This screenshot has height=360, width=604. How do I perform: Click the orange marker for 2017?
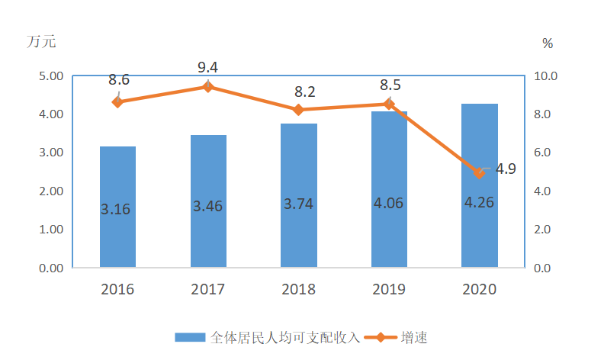tap(208, 87)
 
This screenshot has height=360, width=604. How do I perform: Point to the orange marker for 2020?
tap(479, 173)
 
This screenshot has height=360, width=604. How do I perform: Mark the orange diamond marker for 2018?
tap(298, 110)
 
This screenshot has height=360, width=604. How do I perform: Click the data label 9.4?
tap(207, 68)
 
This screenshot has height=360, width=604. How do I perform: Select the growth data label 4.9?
tap(506, 169)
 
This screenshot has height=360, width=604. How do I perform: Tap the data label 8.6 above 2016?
tap(119, 80)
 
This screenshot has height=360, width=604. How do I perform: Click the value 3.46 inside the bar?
tap(207, 206)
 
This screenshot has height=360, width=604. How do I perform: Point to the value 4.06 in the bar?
tap(388, 203)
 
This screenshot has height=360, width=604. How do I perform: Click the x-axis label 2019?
tap(388, 290)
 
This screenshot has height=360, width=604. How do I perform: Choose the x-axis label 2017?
tap(207, 290)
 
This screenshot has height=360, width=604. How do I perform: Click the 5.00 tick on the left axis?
tap(50, 76)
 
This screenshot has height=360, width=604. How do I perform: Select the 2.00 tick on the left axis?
tap(50, 191)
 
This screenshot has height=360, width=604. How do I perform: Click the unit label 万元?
tap(42, 42)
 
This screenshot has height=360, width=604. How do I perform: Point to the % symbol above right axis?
tap(548, 43)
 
